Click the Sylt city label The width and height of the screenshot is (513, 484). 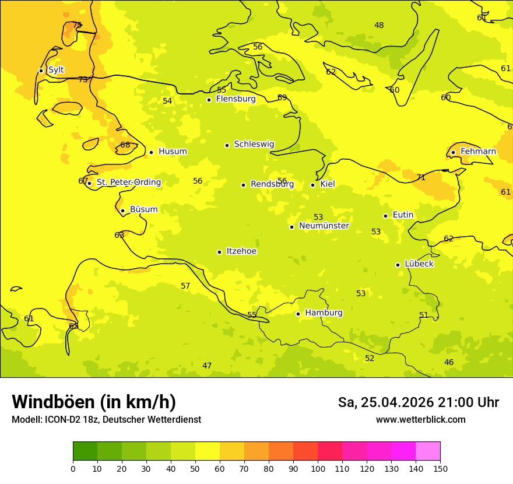pos(56,70)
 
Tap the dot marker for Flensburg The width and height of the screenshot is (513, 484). pos(209,100)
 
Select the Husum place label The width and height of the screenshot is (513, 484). pos(173,152)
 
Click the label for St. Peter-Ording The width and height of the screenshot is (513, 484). pos(128,183)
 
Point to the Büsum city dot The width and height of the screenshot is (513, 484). pos(122,211)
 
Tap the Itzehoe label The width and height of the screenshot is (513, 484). pos(241,251)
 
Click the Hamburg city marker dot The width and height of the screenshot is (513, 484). pos(298,314)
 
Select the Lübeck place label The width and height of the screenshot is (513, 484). pos(419,264)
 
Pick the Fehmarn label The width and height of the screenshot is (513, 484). pos(478,152)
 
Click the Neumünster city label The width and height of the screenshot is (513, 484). pos(324,226)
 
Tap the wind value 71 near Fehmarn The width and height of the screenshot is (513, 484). pos(421,178)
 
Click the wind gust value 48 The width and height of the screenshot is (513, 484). pos(379,25)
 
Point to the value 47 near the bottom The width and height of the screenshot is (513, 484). pos(207,366)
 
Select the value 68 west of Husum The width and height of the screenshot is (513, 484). pos(125,145)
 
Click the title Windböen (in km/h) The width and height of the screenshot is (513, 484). pos(94,402)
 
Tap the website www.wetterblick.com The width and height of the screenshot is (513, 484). pos(421,420)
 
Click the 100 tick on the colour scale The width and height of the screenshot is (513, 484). pos(318,468)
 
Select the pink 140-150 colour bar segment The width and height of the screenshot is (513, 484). pos(428,451)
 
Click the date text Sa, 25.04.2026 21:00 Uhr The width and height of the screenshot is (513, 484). pos(419,402)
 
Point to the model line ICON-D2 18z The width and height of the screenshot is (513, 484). pos(106,420)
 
